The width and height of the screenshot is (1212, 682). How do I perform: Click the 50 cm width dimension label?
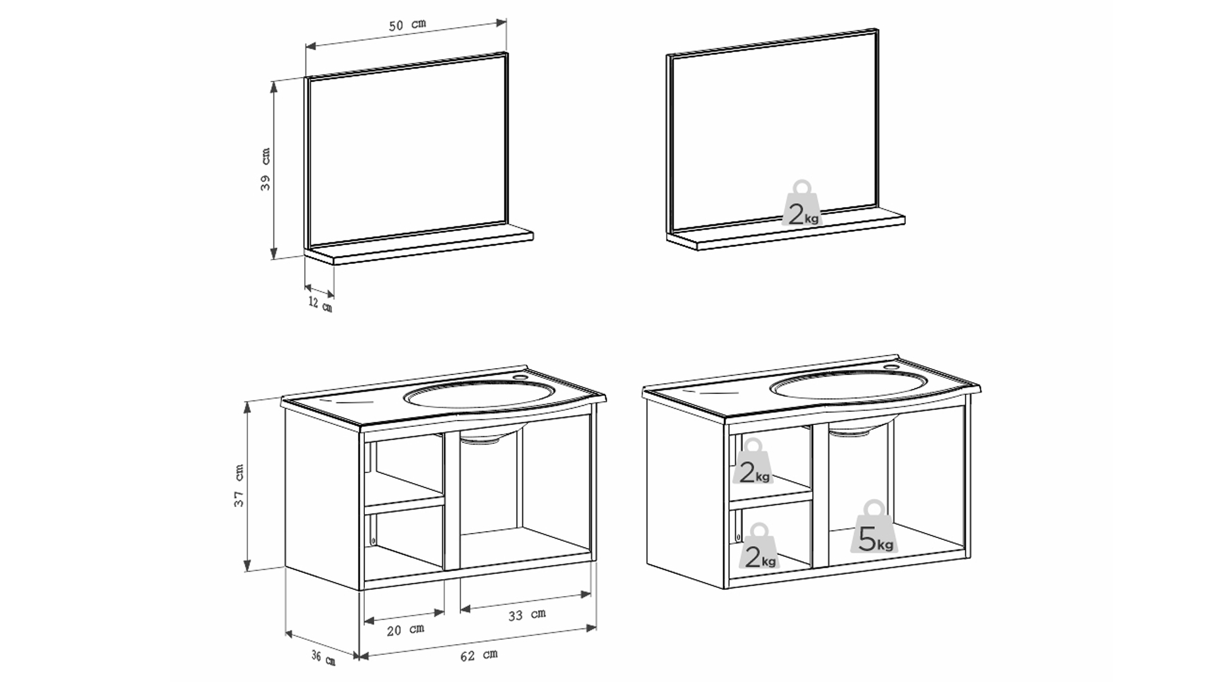click(x=407, y=25)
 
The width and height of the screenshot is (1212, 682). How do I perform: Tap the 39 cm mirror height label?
click(x=266, y=169)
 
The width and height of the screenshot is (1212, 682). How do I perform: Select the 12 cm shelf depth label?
click(x=321, y=304)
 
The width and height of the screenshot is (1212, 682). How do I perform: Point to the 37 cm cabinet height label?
click(x=239, y=486)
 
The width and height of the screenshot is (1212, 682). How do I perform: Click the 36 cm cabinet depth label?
click(x=323, y=657)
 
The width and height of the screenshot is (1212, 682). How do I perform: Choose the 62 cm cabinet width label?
click(x=478, y=655)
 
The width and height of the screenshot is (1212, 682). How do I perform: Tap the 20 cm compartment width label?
click(x=405, y=629)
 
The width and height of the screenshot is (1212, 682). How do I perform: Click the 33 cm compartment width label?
click(x=526, y=614)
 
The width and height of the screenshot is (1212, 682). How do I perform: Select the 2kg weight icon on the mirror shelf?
click(x=802, y=203)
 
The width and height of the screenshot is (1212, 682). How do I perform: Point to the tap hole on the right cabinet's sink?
click(x=890, y=367)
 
